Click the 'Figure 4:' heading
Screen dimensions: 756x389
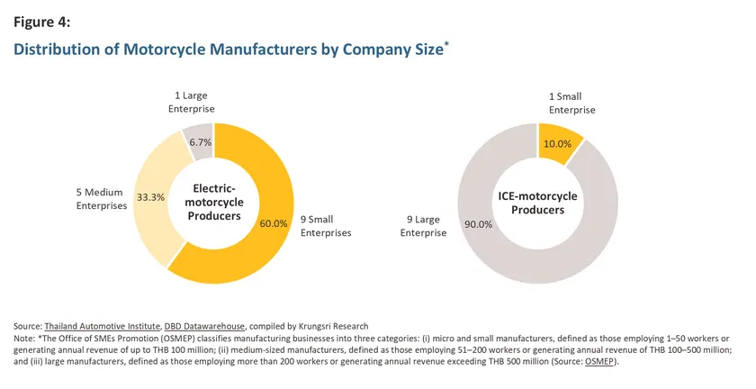42,23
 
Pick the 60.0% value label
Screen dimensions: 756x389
274,223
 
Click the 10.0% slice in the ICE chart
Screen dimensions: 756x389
559,141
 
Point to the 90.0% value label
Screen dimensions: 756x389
478,224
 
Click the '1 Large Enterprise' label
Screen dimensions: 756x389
192,103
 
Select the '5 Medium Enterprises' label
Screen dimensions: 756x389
101,199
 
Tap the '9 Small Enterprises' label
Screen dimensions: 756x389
326,226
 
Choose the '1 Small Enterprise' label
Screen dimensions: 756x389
571,104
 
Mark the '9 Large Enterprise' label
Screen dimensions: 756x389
423,226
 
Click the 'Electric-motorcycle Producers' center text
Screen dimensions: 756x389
214,203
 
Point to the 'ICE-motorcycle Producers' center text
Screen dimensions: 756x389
537,203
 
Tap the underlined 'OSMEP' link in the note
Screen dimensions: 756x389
599,361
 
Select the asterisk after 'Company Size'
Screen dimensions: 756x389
446,44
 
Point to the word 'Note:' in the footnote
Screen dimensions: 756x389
24,339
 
